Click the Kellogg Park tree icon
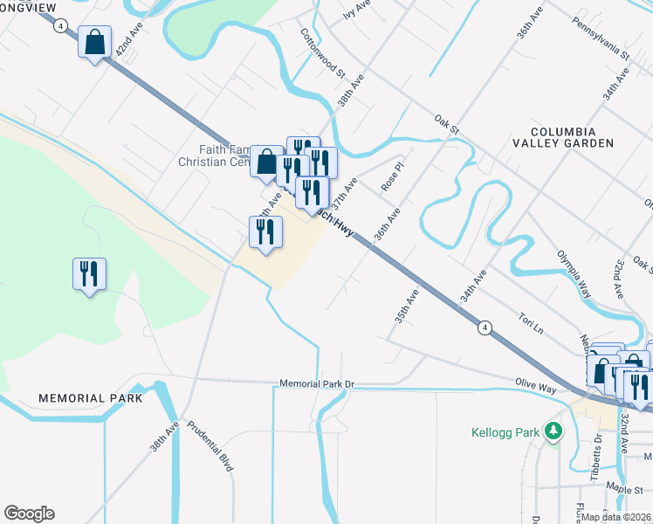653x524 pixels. tap(552, 431)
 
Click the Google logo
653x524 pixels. tap(29, 514)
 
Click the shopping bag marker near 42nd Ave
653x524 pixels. tap(94, 42)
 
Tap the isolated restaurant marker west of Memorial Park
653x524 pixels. tap(89, 274)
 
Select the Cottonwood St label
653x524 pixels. tap(323, 52)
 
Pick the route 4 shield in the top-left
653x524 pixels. tap(58, 26)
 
